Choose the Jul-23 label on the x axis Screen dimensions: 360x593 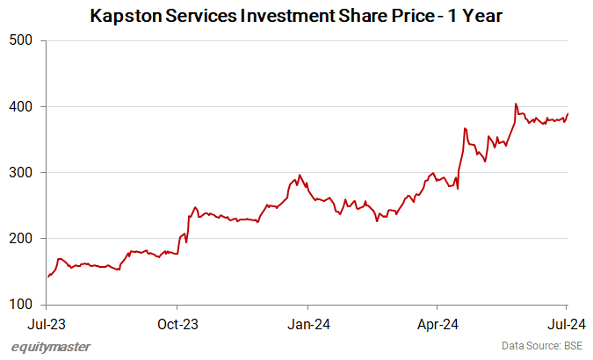coord(47,322)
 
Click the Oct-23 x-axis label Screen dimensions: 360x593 coord(177,322)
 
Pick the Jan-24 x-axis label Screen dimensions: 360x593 coord(307,322)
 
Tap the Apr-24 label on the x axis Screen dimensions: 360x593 coord(437,322)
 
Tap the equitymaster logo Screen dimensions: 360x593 coord(50,347)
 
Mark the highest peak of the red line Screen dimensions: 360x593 coord(516,104)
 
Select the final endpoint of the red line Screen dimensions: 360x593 coord(568,113)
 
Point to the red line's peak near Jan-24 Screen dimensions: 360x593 coord(300,175)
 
